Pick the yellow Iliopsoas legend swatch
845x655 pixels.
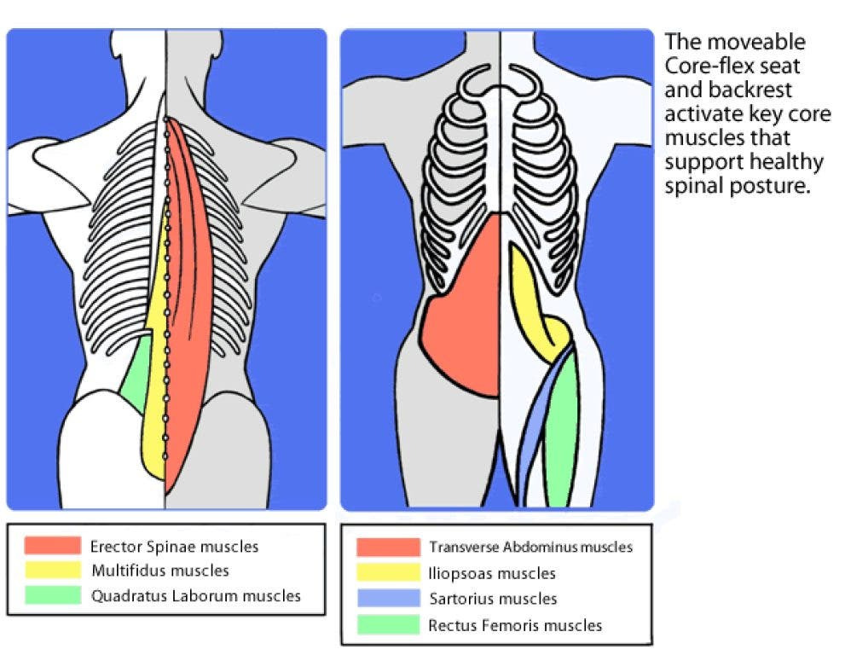tap(389, 573)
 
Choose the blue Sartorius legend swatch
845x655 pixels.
tap(389, 599)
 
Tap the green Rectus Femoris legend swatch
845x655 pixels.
tap(389, 625)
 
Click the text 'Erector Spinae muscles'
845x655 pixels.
tap(174, 546)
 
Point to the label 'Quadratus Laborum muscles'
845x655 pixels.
tap(196, 595)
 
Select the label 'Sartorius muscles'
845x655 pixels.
tap(493, 599)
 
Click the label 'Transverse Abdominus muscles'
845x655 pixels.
tap(531, 548)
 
